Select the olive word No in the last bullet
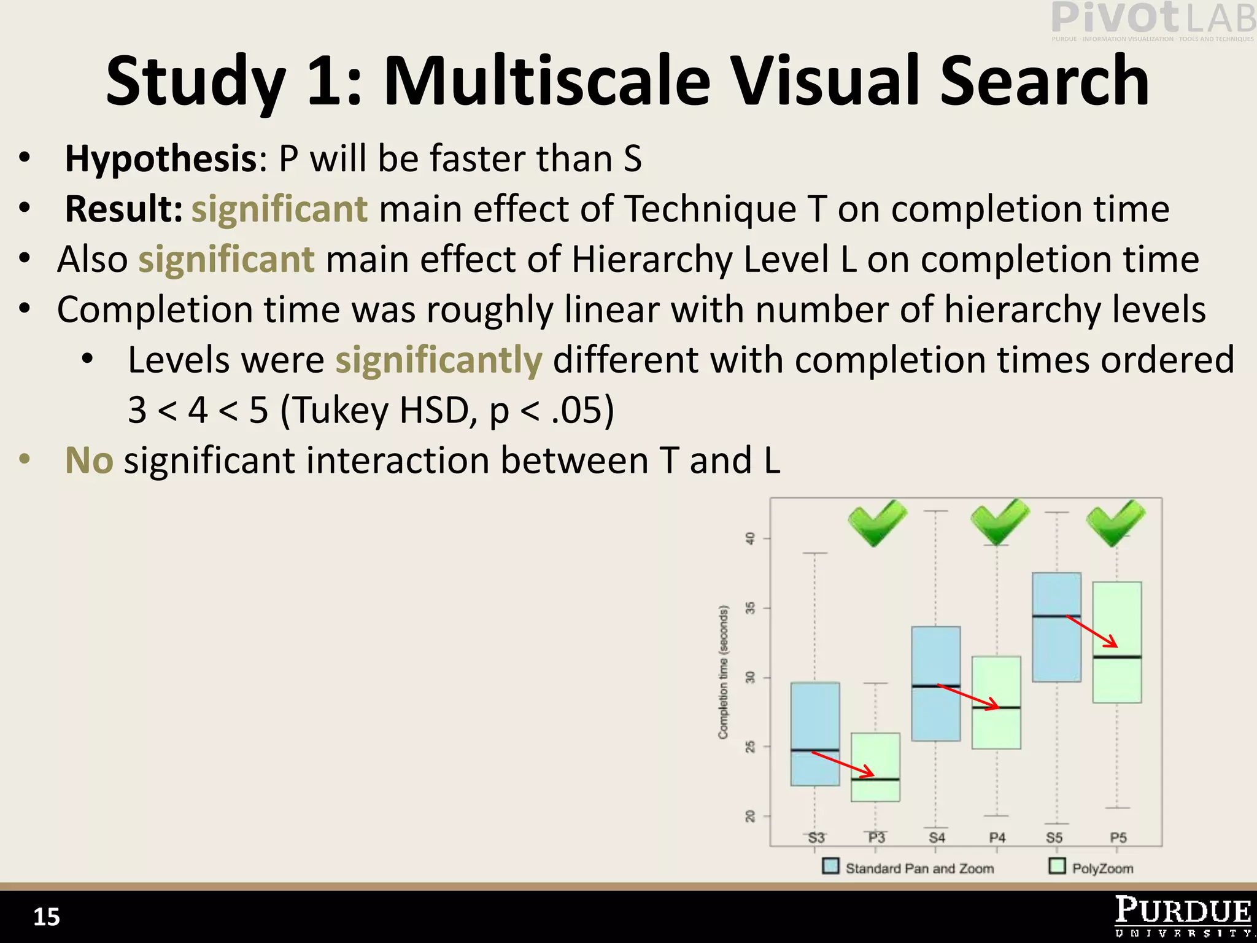coord(89,460)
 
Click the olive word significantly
coord(438,360)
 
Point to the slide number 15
coord(46,917)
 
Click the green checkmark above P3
coord(877,522)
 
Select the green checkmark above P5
coord(1116,522)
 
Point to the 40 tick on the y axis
coord(750,538)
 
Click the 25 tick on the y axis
coord(750,747)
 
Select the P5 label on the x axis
coord(1118,838)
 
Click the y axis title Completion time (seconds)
coord(724,672)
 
